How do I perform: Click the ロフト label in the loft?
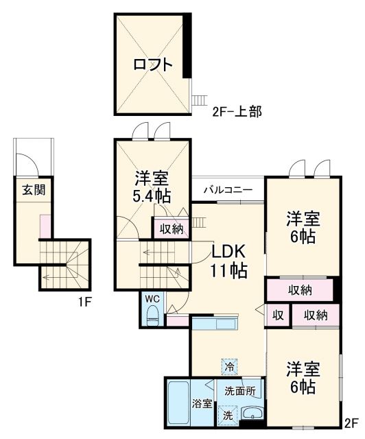[152, 66]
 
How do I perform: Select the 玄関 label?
[32, 190]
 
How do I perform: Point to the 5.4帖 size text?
[152, 196]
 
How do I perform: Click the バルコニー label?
[228, 189]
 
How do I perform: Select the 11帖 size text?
[228, 270]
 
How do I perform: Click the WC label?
[152, 299]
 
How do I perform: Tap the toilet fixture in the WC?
[153, 316]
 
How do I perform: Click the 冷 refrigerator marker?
[228, 368]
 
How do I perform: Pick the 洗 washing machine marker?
[227, 414]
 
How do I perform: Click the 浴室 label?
[201, 403]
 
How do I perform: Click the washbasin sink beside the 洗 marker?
[252, 414]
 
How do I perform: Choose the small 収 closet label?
[278, 316]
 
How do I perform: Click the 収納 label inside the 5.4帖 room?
[171, 229]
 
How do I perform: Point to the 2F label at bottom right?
[351, 423]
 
